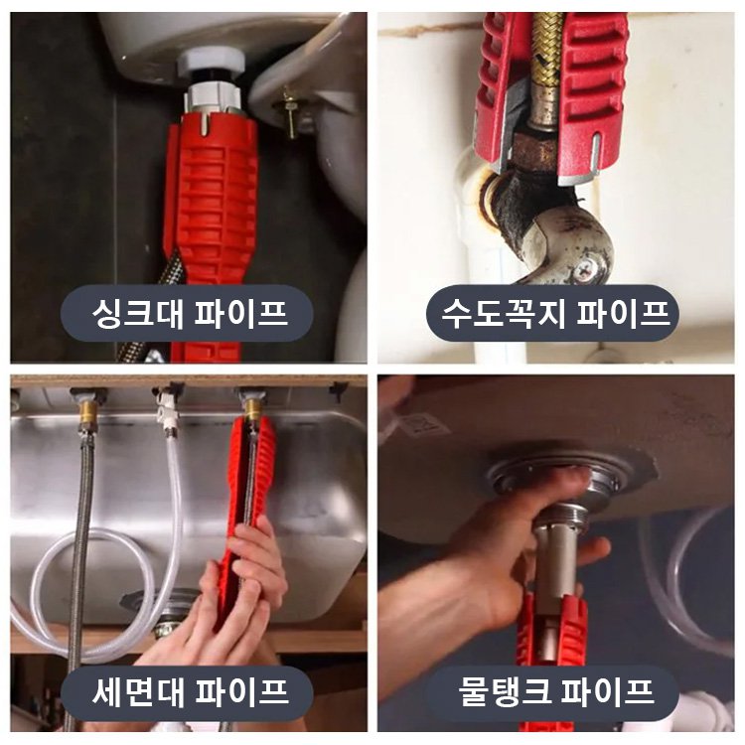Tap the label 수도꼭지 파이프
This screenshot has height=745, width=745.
pos(553,315)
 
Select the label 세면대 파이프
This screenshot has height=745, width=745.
pos(188,689)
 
